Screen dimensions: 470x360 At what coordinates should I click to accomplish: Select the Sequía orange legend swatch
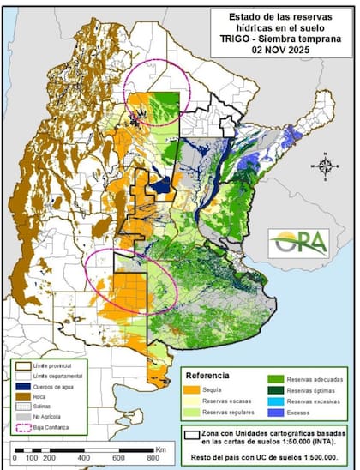[x=193, y=389]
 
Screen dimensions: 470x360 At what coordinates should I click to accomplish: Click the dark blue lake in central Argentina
[x=159, y=185]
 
